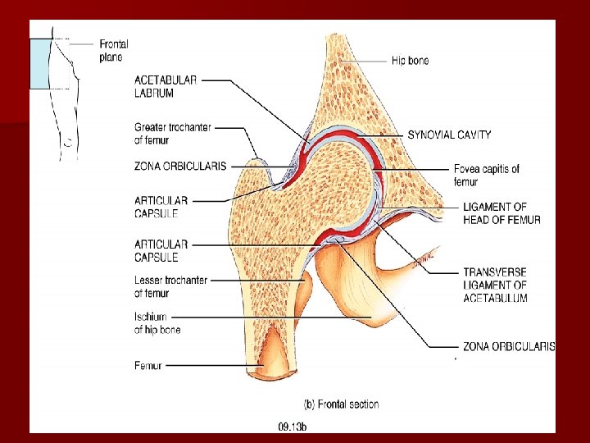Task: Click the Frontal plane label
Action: tap(113, 50)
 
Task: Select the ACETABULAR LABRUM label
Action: tap(166, 85)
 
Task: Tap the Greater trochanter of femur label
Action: tap(172, 133)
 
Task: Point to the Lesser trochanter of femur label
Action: tap(170, 286)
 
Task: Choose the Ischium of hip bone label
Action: tap(157, 322)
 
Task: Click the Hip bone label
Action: tap(410, 61)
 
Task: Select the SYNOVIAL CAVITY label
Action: tap(449, 135)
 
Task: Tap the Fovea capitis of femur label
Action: tap(486, 176)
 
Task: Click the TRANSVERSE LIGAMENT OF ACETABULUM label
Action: tap(494, 285)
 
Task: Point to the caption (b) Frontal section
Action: tap(341, 404)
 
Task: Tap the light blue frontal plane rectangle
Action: tap(41, 63)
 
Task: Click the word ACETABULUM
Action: tap(495, 298)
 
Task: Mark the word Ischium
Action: tap(150, 317)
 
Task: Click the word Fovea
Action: tap(466, 170)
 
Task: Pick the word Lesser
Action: tap(148, 281)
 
